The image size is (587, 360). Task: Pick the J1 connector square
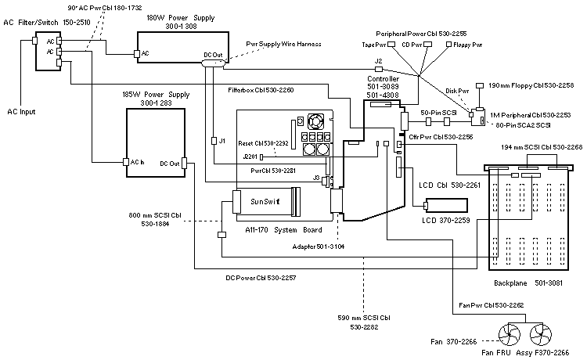point(214,142)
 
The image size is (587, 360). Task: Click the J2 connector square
point(378,70)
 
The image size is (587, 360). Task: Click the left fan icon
point(510,334)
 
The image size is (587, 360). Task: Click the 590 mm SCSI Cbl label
point(362,319)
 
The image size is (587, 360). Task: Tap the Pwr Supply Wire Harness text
point(283,44)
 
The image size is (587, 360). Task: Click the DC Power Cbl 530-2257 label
point(261,278)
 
